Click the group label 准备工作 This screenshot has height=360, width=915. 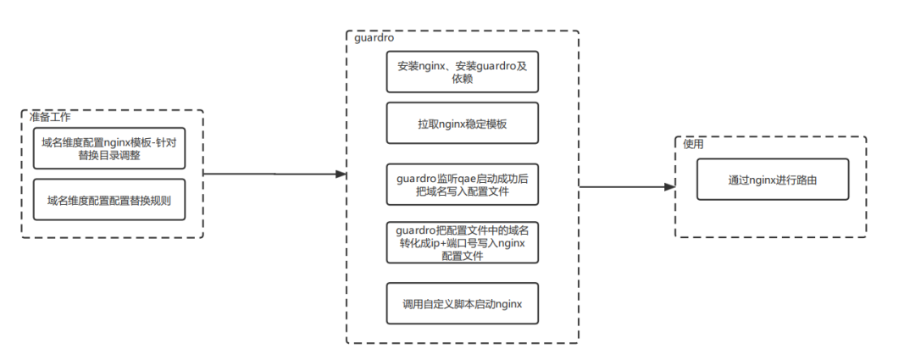click(50, 117)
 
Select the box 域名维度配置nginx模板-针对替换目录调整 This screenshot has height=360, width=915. click(109, 148)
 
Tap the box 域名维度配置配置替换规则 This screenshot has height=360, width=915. click(109, 200)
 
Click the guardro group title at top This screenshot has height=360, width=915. click(374, 38)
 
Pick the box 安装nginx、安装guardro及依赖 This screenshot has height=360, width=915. click(463, 72)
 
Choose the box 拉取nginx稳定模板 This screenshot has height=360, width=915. click(463, 123)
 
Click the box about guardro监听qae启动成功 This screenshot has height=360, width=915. click(463, 185)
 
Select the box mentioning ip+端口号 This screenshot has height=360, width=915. click(463, 242)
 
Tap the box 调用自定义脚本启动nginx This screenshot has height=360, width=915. click(463, 303)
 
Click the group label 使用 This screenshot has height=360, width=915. click(693, 144)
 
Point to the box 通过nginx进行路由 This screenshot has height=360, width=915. click(773, 180)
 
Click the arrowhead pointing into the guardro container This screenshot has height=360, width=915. click(341, 174)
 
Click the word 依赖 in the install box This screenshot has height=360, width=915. click(463, 78)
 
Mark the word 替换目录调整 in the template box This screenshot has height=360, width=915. click(109, 155)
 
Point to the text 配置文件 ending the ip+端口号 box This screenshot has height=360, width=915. click(463, 256)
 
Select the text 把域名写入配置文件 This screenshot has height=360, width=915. click(463, 191)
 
